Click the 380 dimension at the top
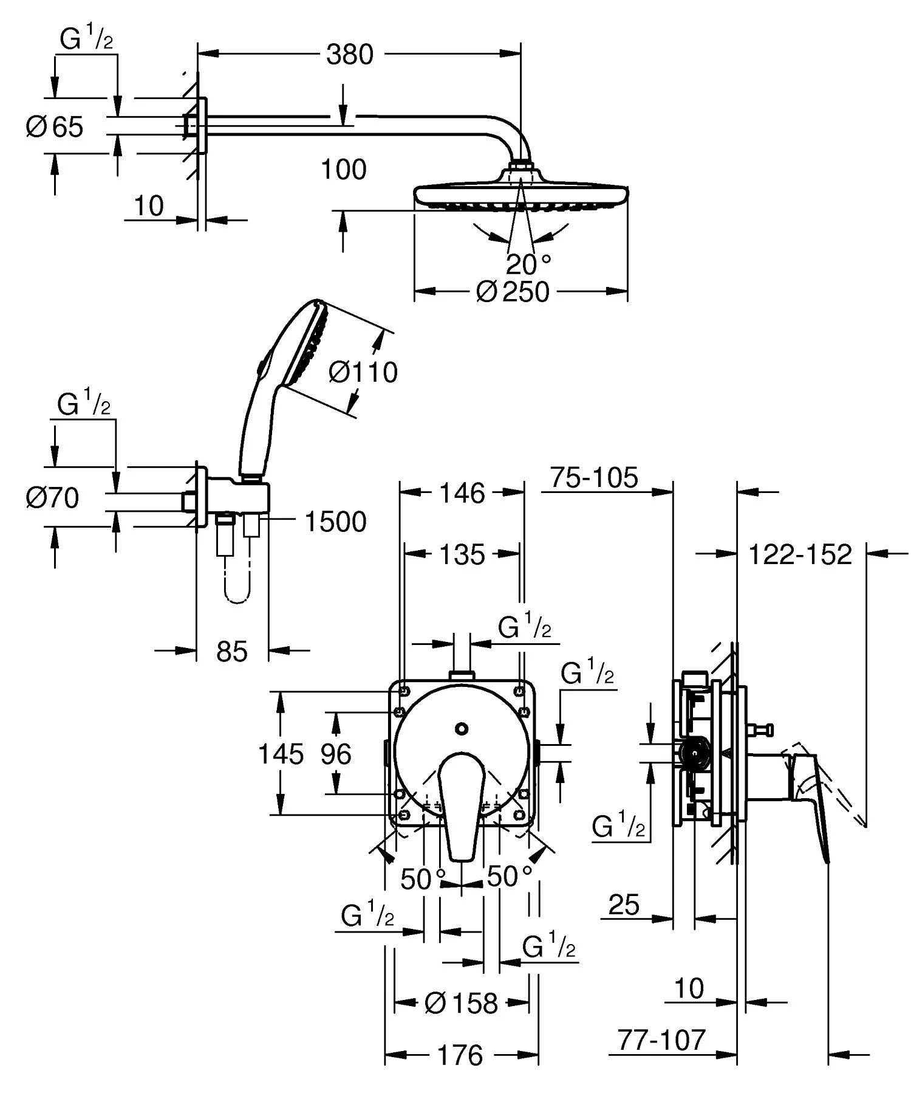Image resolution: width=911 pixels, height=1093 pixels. (x=350, y=54)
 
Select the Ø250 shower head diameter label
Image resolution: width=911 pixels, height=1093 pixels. (x=513, y=292)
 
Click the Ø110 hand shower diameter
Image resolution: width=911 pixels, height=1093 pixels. (x=363, y=372)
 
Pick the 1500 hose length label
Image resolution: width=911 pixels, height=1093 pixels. (x=335, y=522)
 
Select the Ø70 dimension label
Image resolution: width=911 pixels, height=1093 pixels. (x=53, y=498)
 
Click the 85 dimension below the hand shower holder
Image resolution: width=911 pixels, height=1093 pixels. (x=232, y=652)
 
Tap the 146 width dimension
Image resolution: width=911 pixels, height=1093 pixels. (x=462, y=493)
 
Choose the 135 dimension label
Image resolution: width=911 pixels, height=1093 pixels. (x=462, y=554)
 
